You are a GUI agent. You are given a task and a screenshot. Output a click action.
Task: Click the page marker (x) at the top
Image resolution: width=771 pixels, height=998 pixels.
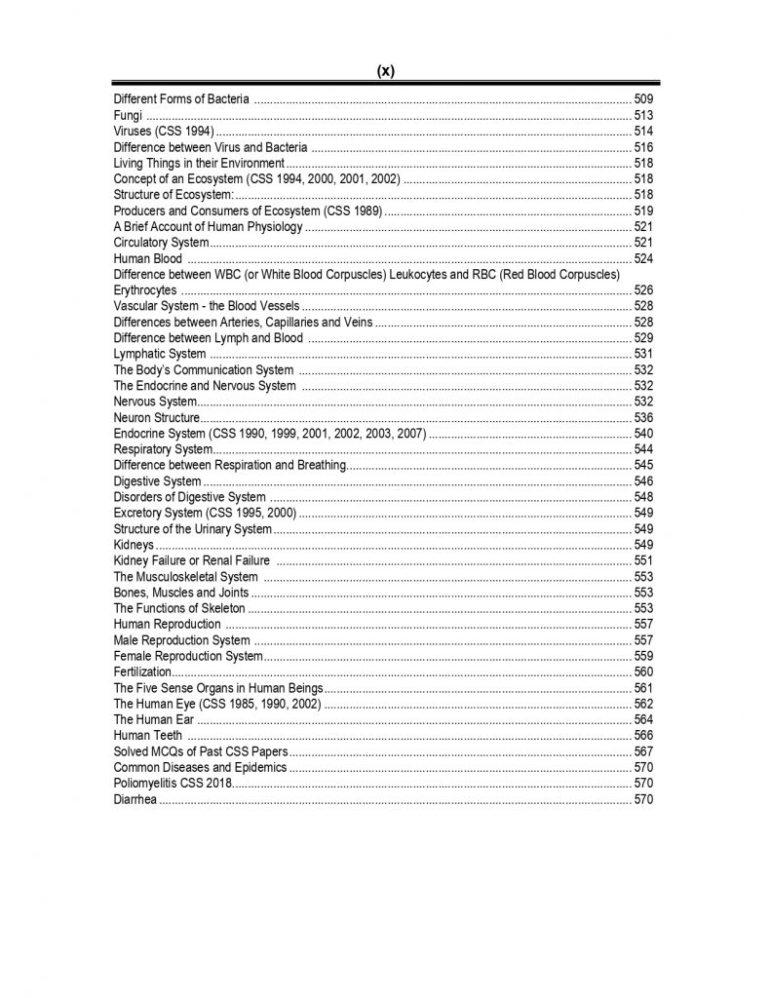(385, 70)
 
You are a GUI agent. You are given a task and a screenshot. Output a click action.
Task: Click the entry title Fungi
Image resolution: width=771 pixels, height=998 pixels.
(129, 115)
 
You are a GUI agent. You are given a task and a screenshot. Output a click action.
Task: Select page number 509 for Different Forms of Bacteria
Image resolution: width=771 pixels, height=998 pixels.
(643, 99)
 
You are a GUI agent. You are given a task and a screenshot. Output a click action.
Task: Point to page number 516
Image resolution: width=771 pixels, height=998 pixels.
(643, 147)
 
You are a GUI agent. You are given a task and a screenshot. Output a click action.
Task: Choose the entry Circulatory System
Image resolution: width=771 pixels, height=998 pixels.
(161, 242)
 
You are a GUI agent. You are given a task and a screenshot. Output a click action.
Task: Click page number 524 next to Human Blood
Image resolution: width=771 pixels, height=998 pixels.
(643, 258)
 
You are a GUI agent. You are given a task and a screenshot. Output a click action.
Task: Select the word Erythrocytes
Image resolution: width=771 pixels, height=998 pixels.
(145, 290)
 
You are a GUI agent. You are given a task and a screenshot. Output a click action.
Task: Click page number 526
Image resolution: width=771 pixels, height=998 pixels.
(643, 290)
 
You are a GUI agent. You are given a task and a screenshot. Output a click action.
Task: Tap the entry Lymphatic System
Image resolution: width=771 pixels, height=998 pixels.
(160, 354)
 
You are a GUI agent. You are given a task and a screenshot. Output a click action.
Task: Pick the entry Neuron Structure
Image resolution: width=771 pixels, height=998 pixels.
(156, 417)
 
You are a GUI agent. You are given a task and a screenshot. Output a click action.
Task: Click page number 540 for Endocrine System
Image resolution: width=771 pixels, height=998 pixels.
(643, 433)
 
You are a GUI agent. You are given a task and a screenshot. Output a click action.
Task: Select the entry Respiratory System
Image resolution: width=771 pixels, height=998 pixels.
(163, 449)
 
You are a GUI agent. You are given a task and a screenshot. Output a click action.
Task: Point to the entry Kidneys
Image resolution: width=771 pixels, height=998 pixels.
(134, 545)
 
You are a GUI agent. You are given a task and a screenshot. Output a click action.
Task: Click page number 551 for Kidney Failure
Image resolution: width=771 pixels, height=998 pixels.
(643, 560)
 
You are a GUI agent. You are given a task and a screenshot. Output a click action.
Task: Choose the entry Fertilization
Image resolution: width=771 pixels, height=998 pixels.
(142, 672)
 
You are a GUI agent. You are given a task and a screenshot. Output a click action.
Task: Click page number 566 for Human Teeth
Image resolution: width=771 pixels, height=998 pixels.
(643, 735)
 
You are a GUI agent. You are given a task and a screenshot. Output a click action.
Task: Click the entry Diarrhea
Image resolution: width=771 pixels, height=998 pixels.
(135, 799)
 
